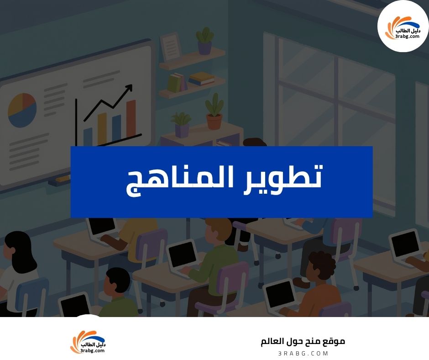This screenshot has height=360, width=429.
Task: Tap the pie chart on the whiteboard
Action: point(22,110)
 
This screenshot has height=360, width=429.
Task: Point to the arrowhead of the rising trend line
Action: point(129,87)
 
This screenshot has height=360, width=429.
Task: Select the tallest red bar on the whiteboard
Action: point(131,118)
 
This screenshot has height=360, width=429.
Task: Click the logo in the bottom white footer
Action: point(88,342)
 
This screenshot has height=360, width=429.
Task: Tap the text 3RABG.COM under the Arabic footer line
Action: point(303,353)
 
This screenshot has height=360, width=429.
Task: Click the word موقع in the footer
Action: point(334,341)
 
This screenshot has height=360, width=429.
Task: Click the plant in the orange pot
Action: point(214,112)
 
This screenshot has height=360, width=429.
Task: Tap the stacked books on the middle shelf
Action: point(201,79)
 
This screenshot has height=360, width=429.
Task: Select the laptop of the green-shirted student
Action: point(183,258)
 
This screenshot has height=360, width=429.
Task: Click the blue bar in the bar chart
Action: point(116,128)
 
